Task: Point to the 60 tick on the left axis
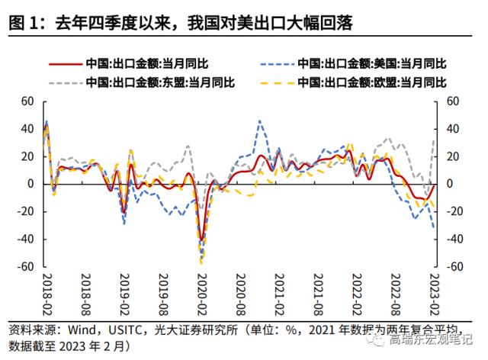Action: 27,101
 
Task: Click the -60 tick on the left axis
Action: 26,267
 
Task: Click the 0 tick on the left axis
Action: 32,184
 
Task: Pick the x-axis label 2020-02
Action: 201,295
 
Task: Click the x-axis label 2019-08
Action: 162,295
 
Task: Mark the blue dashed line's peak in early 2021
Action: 259,121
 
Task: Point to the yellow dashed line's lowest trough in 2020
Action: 201,262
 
